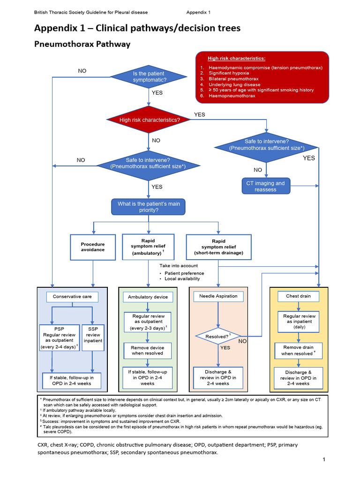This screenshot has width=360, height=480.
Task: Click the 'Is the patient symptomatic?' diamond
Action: pyautogui.click(x=150, y=77)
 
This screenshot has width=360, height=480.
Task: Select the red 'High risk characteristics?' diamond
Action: pyautogui.click(x=150, y=120)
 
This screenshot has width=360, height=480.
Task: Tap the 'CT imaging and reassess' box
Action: pyautogui.click(x=266, y=186)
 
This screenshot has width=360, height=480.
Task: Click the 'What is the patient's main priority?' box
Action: pyautogui.click(x=148, y=207)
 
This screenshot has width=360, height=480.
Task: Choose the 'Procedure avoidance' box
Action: pyautogui.click(x=93, y=247)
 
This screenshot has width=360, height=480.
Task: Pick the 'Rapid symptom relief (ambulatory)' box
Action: pyautogui.click(x=148, y=247)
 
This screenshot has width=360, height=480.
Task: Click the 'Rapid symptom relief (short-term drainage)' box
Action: pyautogui.click(x=218, y=247)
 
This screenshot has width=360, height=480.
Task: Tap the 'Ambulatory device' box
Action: pyautogui.click(x=148, y=297)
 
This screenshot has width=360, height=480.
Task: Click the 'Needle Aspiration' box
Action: pyautogui.click(x=218, y=296)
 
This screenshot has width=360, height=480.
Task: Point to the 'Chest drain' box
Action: pyautogui.click(x=296, y=296)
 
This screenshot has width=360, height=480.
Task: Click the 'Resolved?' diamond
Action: pyautogui.click(x=217, y=337)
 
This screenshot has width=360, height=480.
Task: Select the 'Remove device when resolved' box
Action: pyautogui.click(x=148, y=350)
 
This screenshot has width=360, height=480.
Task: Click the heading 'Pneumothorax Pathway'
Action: pyautogui.click(x=82, y=45)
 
